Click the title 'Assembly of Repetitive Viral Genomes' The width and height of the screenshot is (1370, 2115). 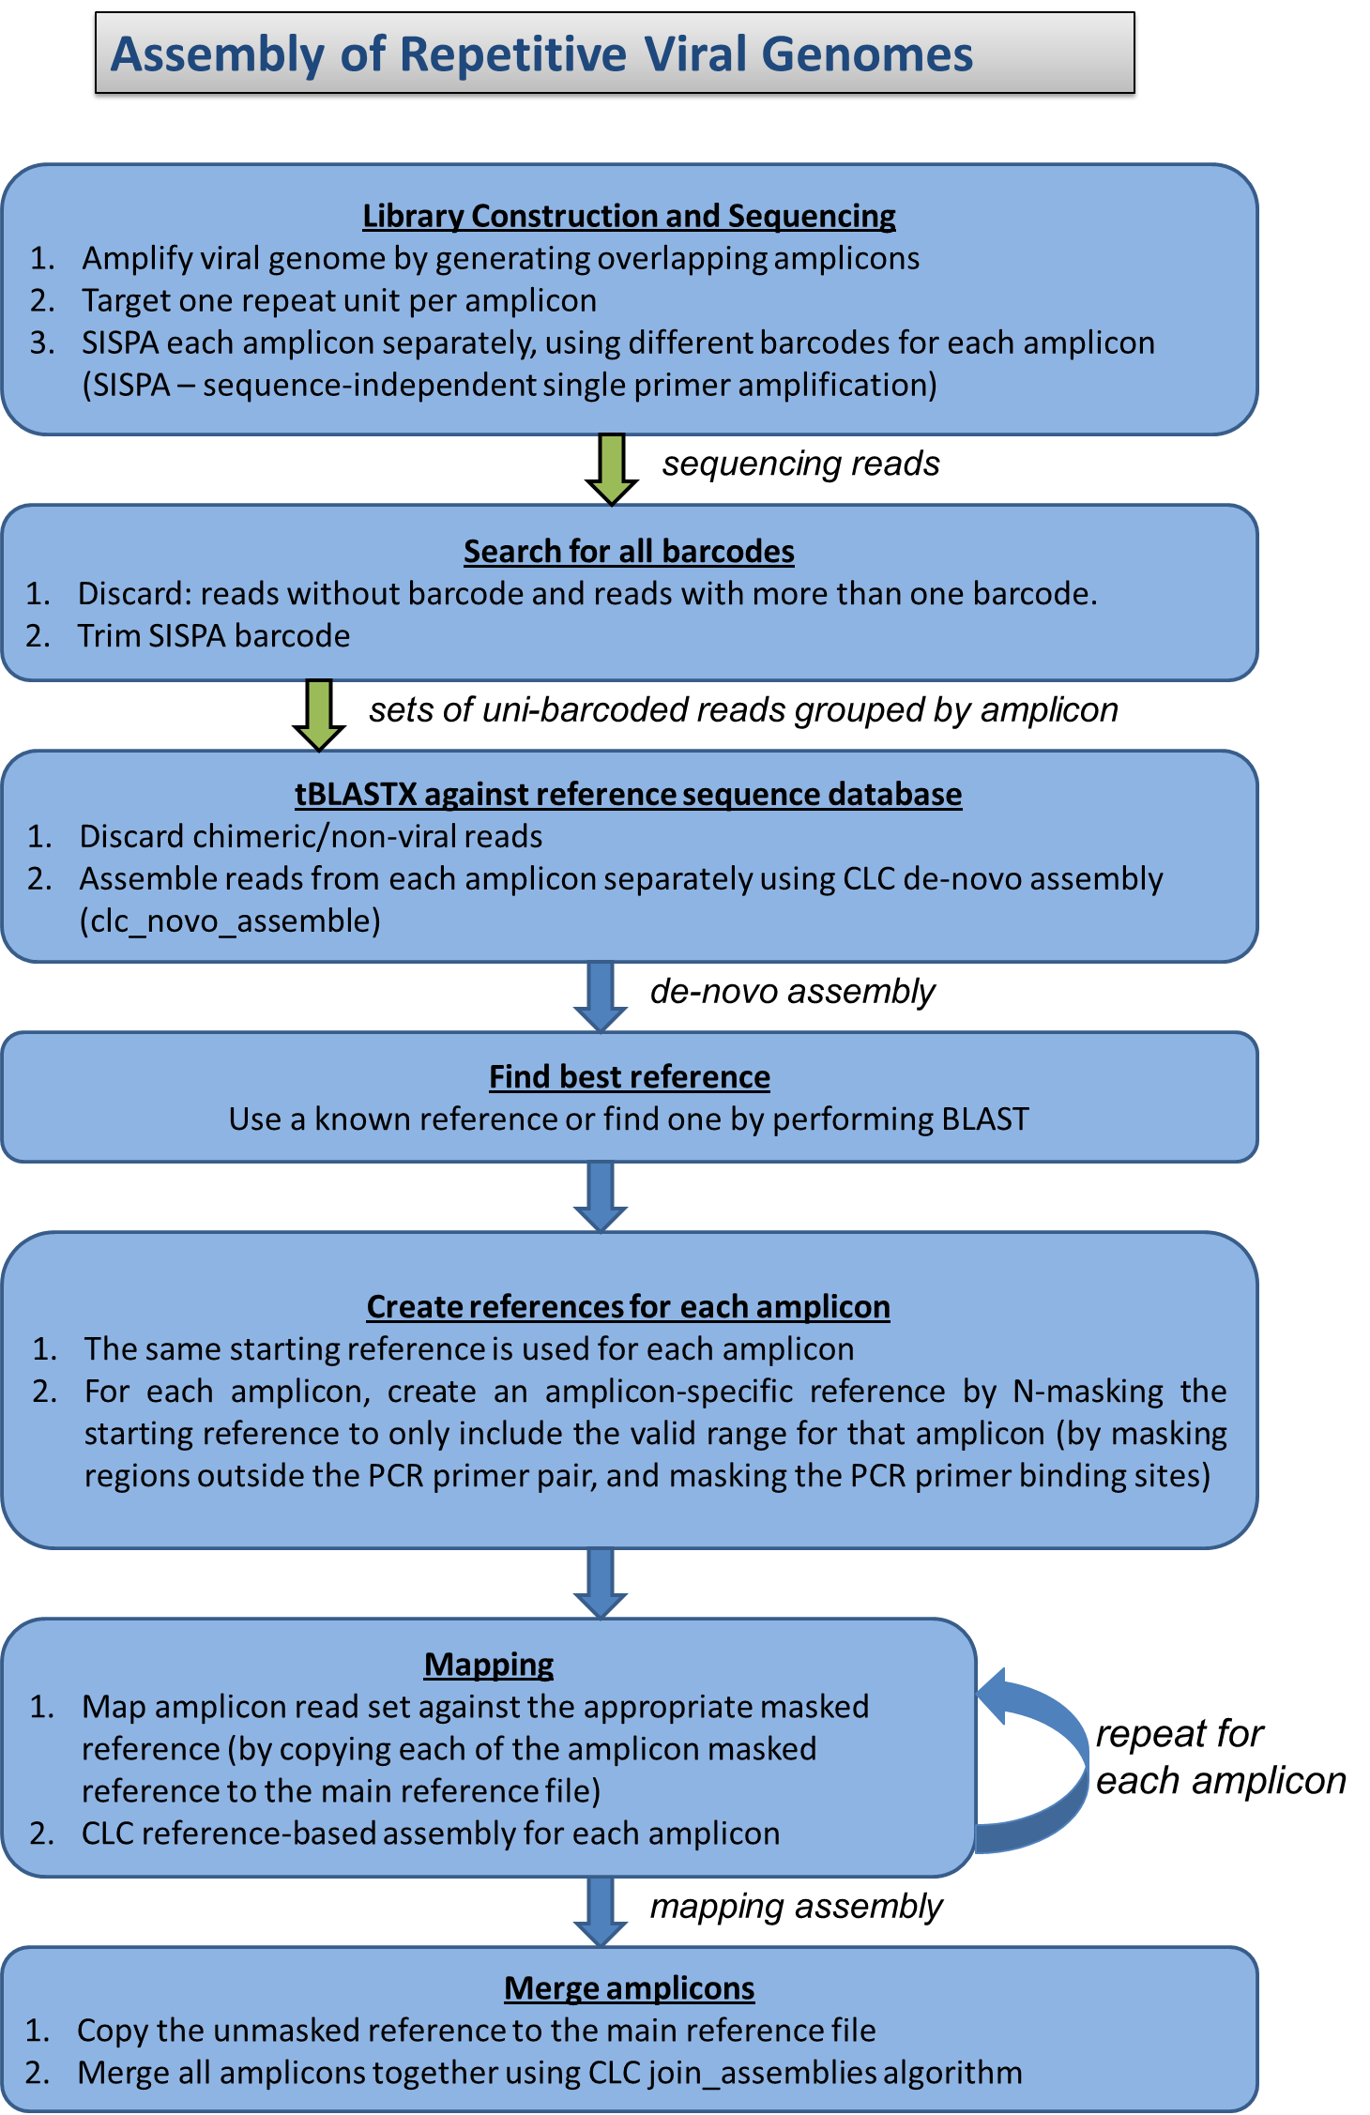pos(542,54)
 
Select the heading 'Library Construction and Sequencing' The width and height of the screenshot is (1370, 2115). pos(629,216)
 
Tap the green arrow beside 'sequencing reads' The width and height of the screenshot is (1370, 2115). pos(612,468)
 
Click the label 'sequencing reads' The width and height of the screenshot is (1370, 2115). pos(800,464)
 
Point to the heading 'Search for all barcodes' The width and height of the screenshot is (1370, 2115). pos(629,552)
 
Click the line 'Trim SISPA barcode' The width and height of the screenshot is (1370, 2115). pos(214,636)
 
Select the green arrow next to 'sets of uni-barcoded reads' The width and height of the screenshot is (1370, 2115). pos(319,714)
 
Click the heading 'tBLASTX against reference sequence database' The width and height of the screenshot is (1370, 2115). pos(628,794)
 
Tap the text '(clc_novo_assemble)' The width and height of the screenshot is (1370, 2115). pos(230,921)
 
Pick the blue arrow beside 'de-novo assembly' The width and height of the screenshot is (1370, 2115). pos(601,996)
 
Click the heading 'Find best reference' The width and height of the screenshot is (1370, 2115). pos(629,1077)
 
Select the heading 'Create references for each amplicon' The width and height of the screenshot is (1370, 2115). pos(628,1307)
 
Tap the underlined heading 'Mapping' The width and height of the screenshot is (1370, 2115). pos(489,1665)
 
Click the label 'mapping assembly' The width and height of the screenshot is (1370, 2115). pos(796,1907)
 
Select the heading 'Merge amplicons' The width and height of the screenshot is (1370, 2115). pos(629,1988)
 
